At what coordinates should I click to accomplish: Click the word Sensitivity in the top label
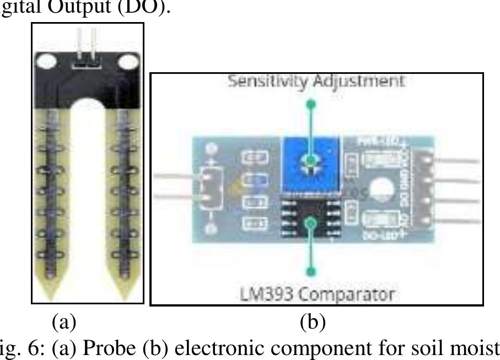tap(262, 82)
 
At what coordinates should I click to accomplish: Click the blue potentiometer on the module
tap(311, 163)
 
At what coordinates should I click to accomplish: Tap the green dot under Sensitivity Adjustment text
tap(311, 104)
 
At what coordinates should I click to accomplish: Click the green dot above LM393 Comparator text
tap(311, 271)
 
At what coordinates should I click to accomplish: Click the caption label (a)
tap(63, 321)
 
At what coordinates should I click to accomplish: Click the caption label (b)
tap(312, 321)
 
